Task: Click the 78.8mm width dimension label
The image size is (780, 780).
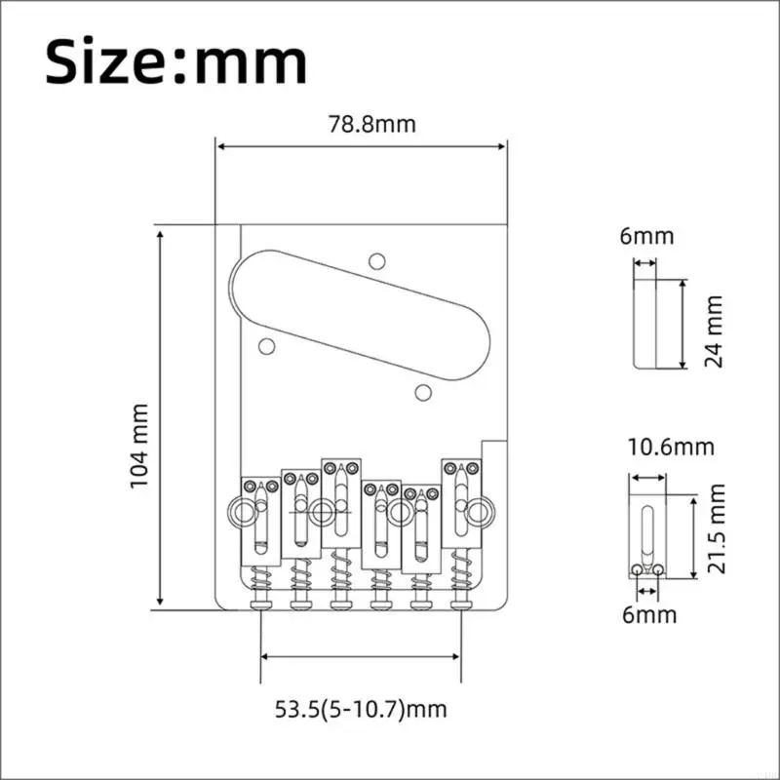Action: [371, 125]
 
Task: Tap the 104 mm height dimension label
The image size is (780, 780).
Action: [139, 446]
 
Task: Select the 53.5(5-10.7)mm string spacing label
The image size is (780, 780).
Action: [361, 710]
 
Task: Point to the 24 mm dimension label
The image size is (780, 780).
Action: [714, 331]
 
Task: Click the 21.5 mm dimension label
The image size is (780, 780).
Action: [716, 528]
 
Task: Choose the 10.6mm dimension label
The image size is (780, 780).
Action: [671, 448]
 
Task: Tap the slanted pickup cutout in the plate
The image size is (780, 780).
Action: [360, 315]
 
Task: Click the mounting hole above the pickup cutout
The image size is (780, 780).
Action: [377, 261]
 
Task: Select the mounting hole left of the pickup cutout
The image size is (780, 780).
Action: [267, 346]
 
